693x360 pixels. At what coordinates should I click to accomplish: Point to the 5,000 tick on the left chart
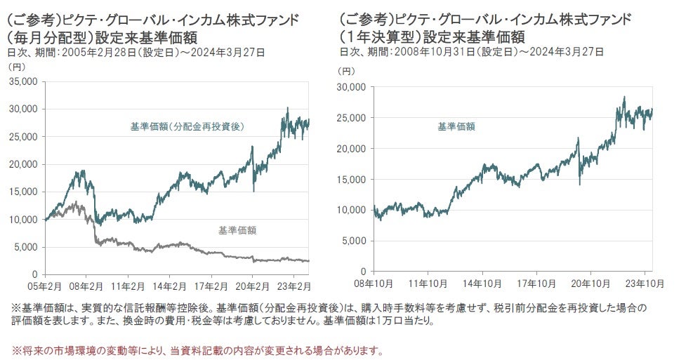pos(26,246)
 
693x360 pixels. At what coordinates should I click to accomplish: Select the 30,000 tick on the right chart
pos(353,87)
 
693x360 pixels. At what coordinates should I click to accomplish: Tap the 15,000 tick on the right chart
pos(353,179)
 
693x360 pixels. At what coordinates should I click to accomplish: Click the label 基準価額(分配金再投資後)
pos(187,126)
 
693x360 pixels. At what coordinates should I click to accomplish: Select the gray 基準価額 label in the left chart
pos(237,229)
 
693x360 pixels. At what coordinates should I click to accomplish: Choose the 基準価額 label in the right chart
pos(456,126)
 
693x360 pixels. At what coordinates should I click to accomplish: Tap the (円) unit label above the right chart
pos(346,70)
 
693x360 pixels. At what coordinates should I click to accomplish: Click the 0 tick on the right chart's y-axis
pos(361,271)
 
